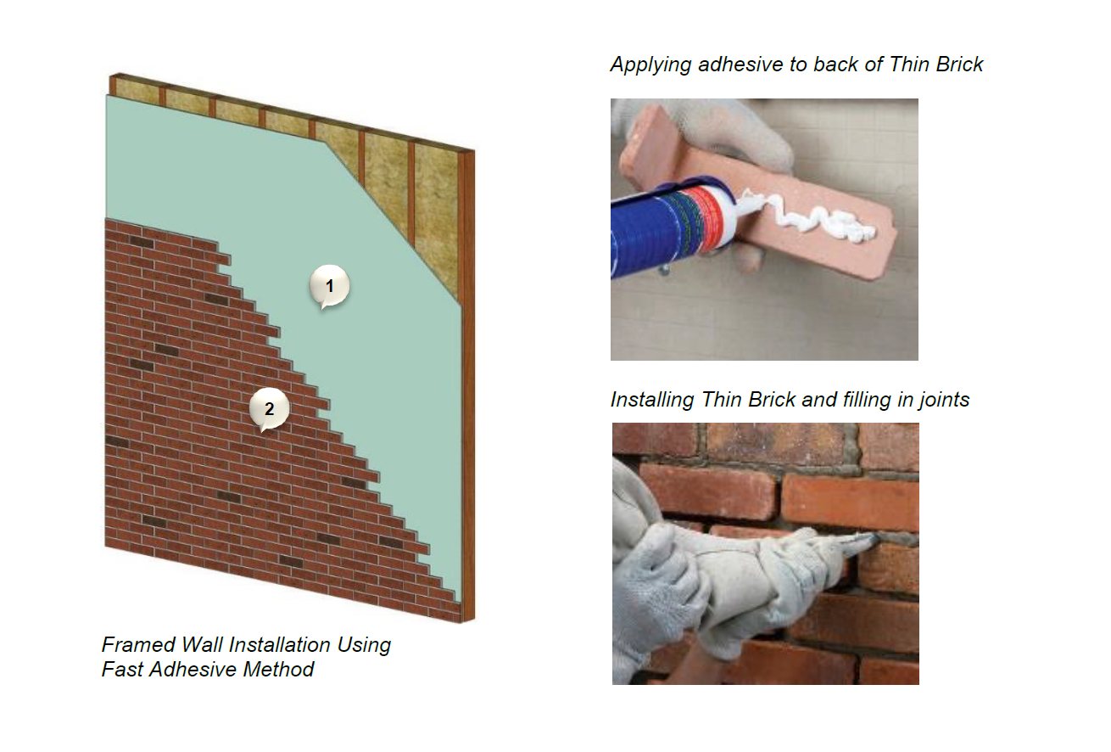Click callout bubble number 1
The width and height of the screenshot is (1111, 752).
pos(329,286)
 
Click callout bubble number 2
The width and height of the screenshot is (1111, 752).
pos(270,409)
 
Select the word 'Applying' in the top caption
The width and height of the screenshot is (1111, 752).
pos(650,65)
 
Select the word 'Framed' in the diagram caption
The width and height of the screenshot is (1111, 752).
pos(138,645)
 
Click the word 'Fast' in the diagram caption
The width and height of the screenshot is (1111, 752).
pos(122,670)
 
